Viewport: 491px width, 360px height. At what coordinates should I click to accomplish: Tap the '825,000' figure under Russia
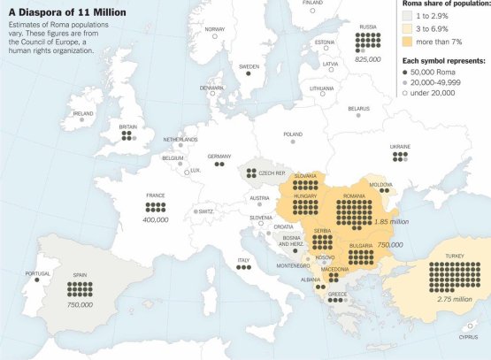coord(366,58)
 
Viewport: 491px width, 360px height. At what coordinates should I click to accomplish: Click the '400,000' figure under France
coord(155,218)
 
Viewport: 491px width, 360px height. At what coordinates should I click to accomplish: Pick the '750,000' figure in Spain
coord(80,303)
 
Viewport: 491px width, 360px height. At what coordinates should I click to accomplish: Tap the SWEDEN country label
coord(249,66)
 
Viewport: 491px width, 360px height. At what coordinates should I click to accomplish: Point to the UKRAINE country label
coord(400,146)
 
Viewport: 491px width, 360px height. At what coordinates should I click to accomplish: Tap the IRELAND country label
coord(83,113)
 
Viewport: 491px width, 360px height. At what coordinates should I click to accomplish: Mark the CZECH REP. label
coord(272,172)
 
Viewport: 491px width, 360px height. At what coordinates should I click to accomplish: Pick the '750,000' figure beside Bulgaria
coord(390,244)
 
